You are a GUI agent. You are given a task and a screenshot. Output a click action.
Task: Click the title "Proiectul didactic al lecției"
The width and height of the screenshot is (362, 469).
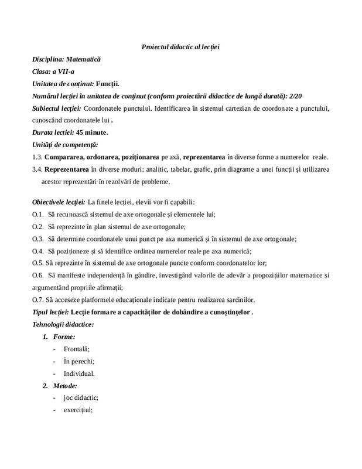click(180, 46)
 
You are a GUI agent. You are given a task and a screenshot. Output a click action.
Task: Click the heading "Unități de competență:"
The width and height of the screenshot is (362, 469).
click(65, 145)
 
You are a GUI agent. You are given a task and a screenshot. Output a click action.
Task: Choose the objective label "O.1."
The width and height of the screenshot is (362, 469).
click(38, 214)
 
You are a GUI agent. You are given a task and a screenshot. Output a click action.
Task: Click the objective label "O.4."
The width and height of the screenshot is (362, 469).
click(38, 250)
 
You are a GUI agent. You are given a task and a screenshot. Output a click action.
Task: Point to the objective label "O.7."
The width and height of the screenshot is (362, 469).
click(37, 299)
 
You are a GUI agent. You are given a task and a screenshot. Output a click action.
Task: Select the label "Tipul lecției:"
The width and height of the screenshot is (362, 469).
click(51, 311)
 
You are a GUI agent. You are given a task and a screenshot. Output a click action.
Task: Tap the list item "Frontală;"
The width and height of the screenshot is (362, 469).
click(77, 349)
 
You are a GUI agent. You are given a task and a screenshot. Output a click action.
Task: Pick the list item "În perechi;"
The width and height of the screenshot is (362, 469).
click(79, 361)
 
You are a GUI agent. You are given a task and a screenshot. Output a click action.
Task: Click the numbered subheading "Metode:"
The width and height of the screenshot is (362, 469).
click(70, 386)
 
